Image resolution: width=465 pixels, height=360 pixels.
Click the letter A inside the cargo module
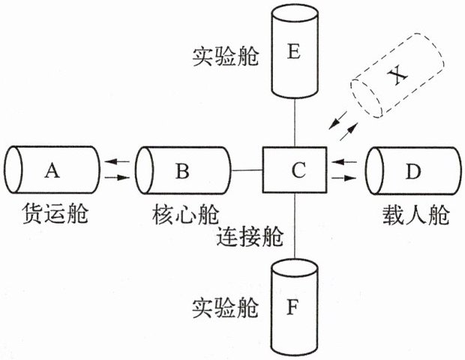coord(51,171)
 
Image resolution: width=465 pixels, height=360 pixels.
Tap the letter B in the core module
coord(182,171)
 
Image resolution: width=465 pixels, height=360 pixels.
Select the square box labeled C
coord(295,171)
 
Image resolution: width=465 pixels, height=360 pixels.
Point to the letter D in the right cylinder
coord(413,171)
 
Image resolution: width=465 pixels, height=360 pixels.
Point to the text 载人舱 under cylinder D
coord(415,215)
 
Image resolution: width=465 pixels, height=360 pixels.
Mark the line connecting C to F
coord(295,225)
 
